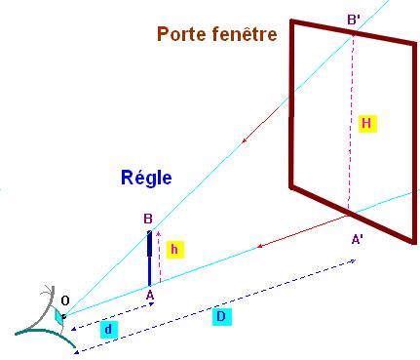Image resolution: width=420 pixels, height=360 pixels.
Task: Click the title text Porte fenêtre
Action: point(217,35)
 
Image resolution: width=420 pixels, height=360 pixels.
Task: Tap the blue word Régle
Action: point(145,178)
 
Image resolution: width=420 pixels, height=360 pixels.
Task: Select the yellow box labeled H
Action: point(366,124)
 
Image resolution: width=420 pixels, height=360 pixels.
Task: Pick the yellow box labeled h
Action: point(173,250)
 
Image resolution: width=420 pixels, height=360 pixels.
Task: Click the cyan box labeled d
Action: point(108,330)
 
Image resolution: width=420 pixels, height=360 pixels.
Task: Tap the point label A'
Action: point(357,237)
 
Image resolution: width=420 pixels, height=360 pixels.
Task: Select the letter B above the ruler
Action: point(147,219)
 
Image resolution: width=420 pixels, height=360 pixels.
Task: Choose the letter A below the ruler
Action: point(149,294)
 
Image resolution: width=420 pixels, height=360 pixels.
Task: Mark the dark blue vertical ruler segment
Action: point(150,256)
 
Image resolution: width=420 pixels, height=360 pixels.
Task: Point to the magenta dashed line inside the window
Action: point(351,122)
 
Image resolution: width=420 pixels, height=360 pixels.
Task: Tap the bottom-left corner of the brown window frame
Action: point(290,183)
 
